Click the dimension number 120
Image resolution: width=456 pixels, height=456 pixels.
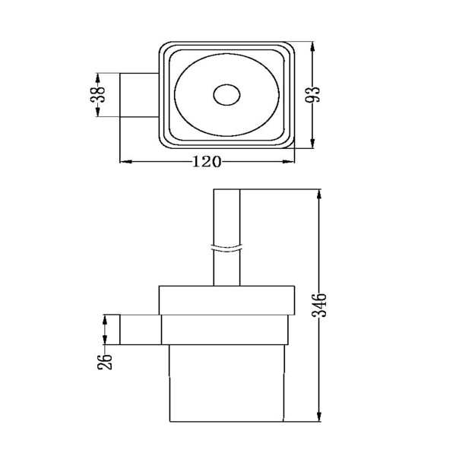pyautogui.click(x=206, y=161)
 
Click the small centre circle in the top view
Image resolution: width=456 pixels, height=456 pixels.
pyautogui.click(x=226, y=96)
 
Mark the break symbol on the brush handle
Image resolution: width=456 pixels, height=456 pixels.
pyautogui.click(x=226, y=249)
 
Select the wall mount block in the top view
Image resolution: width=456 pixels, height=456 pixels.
pyautogui.click(x=139, y=96)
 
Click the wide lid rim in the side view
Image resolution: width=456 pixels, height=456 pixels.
pyautogui.click(x=226, y=300)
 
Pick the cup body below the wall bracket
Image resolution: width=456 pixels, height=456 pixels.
pyautogui.click(x=226, y=380)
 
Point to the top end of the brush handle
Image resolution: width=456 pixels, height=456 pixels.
pyautogui.click(x=226, y=190)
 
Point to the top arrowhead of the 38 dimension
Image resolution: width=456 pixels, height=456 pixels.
pyautogui.click(x=97, y=77)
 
